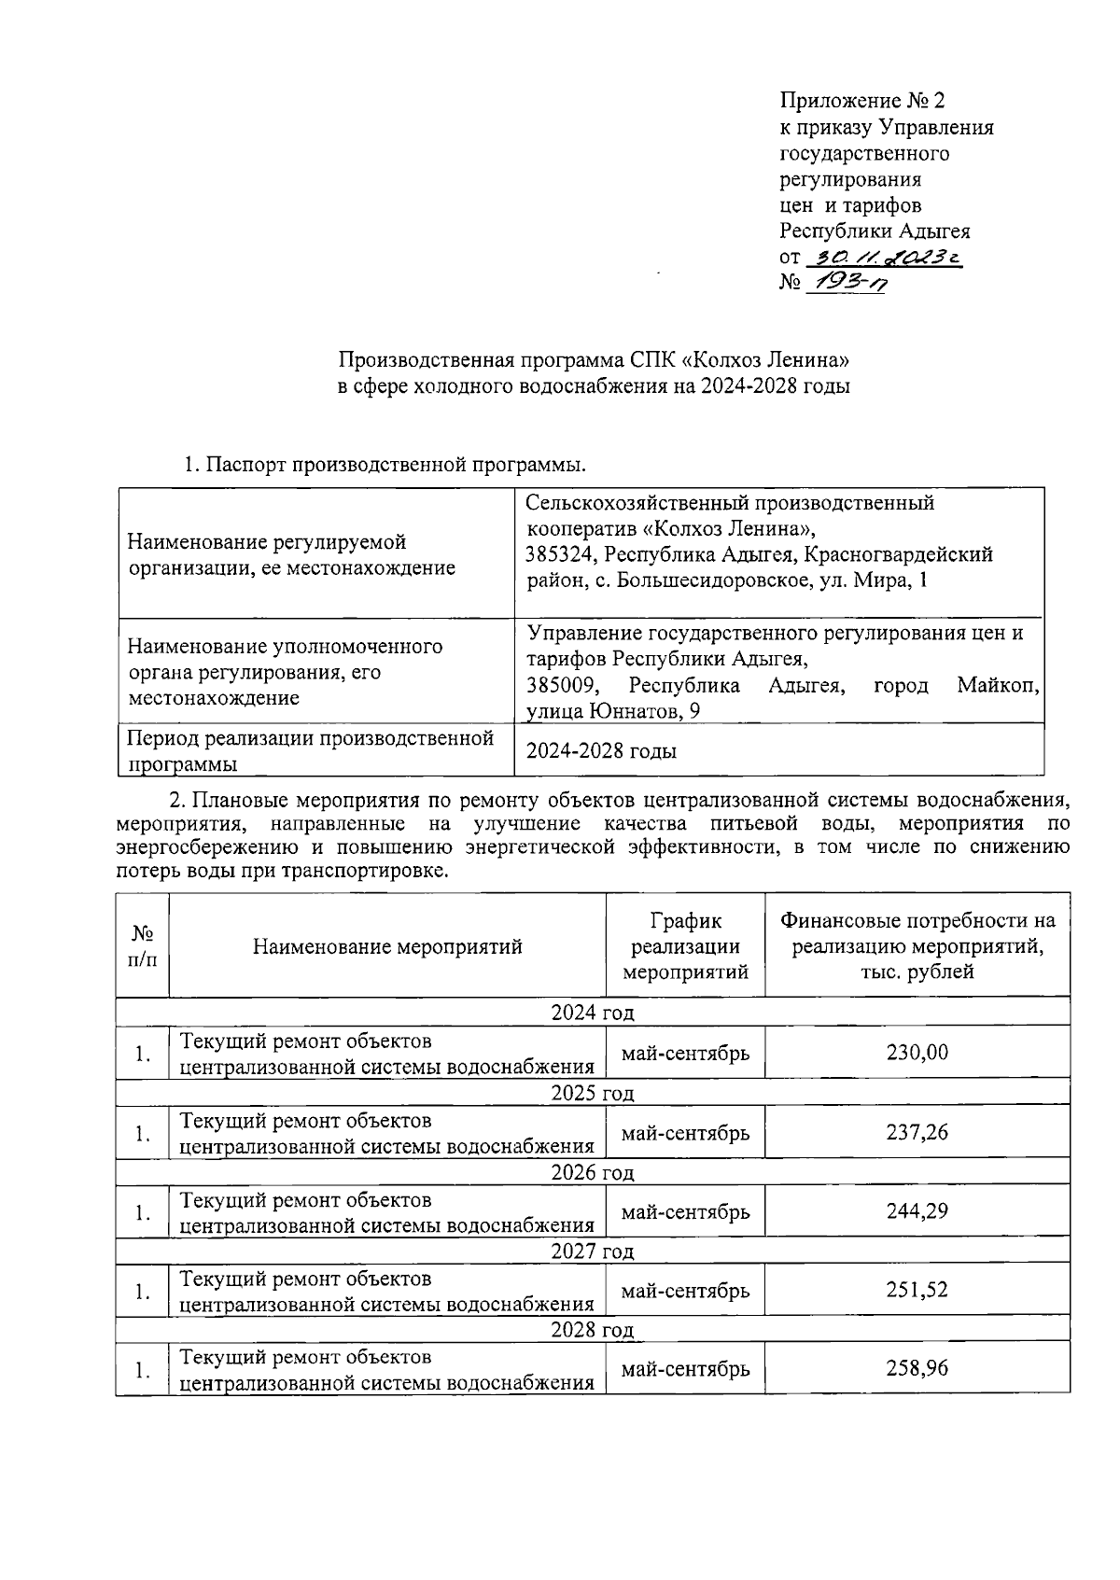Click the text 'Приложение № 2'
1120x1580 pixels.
click(x=862, y=100)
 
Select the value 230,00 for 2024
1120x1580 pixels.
click(x=917, y=1053)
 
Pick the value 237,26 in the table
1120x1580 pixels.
click(x=917, y=1132)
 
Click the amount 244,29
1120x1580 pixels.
click(x=917, y=1211)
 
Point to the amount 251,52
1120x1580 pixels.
click(x=917, y=1291)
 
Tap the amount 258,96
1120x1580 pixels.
click(x=917, y=1369)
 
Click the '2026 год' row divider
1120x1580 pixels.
click(x=592, y=1173)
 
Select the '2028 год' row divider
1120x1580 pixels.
click(x=592, y=1330)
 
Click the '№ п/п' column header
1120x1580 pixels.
click(x=142, y=945)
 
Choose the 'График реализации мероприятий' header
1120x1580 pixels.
click(x=685, y=946)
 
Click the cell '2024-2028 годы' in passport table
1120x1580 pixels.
click(x=601, y=750)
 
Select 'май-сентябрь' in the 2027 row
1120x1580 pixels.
click(x=685, y=1291)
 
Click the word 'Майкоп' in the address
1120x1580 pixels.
click(x=998, y=686)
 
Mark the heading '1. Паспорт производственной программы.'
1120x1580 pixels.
click(x=385, y=464)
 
